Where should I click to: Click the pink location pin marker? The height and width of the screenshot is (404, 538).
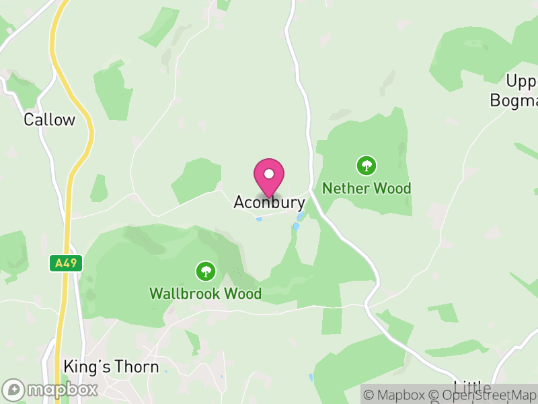pyautogui.click(x=269, y=177)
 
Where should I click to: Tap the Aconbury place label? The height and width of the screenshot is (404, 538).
pyautogui.click(x=269, y=202)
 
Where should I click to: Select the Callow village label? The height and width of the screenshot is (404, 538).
pyautogui.click(x=49, y=120)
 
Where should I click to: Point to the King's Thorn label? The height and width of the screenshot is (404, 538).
pyautogui.click(x=111, y=367)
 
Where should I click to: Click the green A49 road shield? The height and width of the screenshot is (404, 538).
pyautogui.click(x=66, y=263)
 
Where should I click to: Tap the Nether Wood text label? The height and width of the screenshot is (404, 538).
pyautogui.click(x=367, y=189)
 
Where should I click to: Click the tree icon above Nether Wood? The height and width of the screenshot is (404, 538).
pyautogui.click(x=367, y=165)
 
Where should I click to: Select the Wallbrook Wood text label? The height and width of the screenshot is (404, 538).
pyautogui.click(x=205, y=294)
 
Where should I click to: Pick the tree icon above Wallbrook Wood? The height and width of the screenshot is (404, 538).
pyautogui.click(x=205, y=271)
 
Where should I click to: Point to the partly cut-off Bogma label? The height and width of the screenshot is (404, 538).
pyautogui.click(x=514, y=101)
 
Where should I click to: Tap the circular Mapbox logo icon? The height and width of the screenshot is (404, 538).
pyautogui.click(x=13, y=390)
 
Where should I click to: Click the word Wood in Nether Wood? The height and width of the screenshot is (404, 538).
pyautogui.click(x=393, y=189)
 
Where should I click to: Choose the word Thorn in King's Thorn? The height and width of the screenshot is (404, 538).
pyautogui.click(x=137, y=367)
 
